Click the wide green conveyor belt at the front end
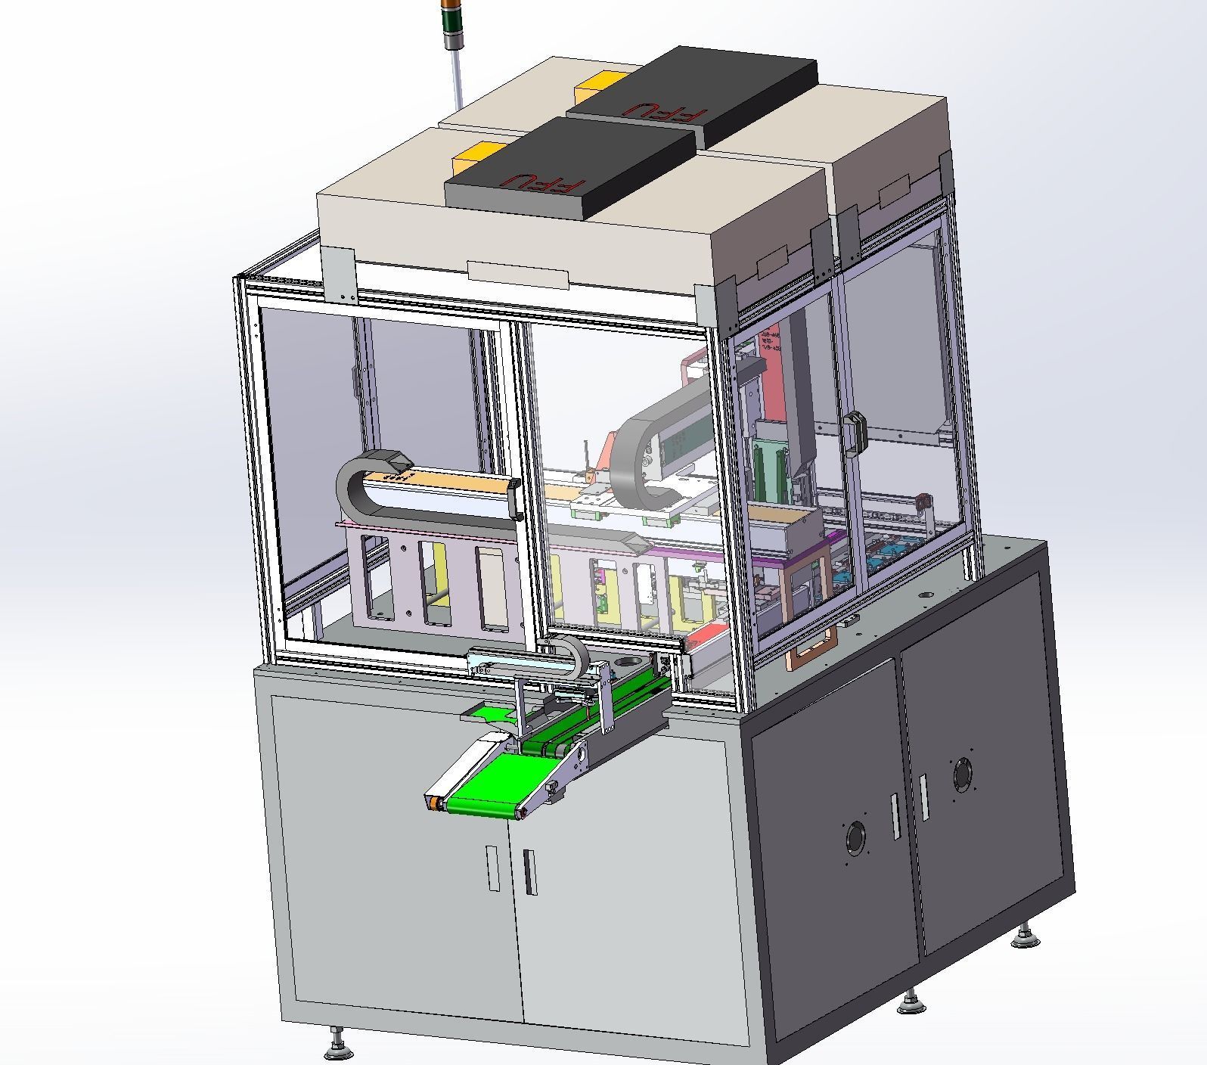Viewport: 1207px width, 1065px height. (484, 799)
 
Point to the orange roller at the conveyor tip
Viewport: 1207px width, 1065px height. (434, 805)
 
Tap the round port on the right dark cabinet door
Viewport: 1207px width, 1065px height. (963, 775)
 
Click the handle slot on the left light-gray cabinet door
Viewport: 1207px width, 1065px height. (493, 868)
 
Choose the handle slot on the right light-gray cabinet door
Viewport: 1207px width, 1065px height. (528, 872)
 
